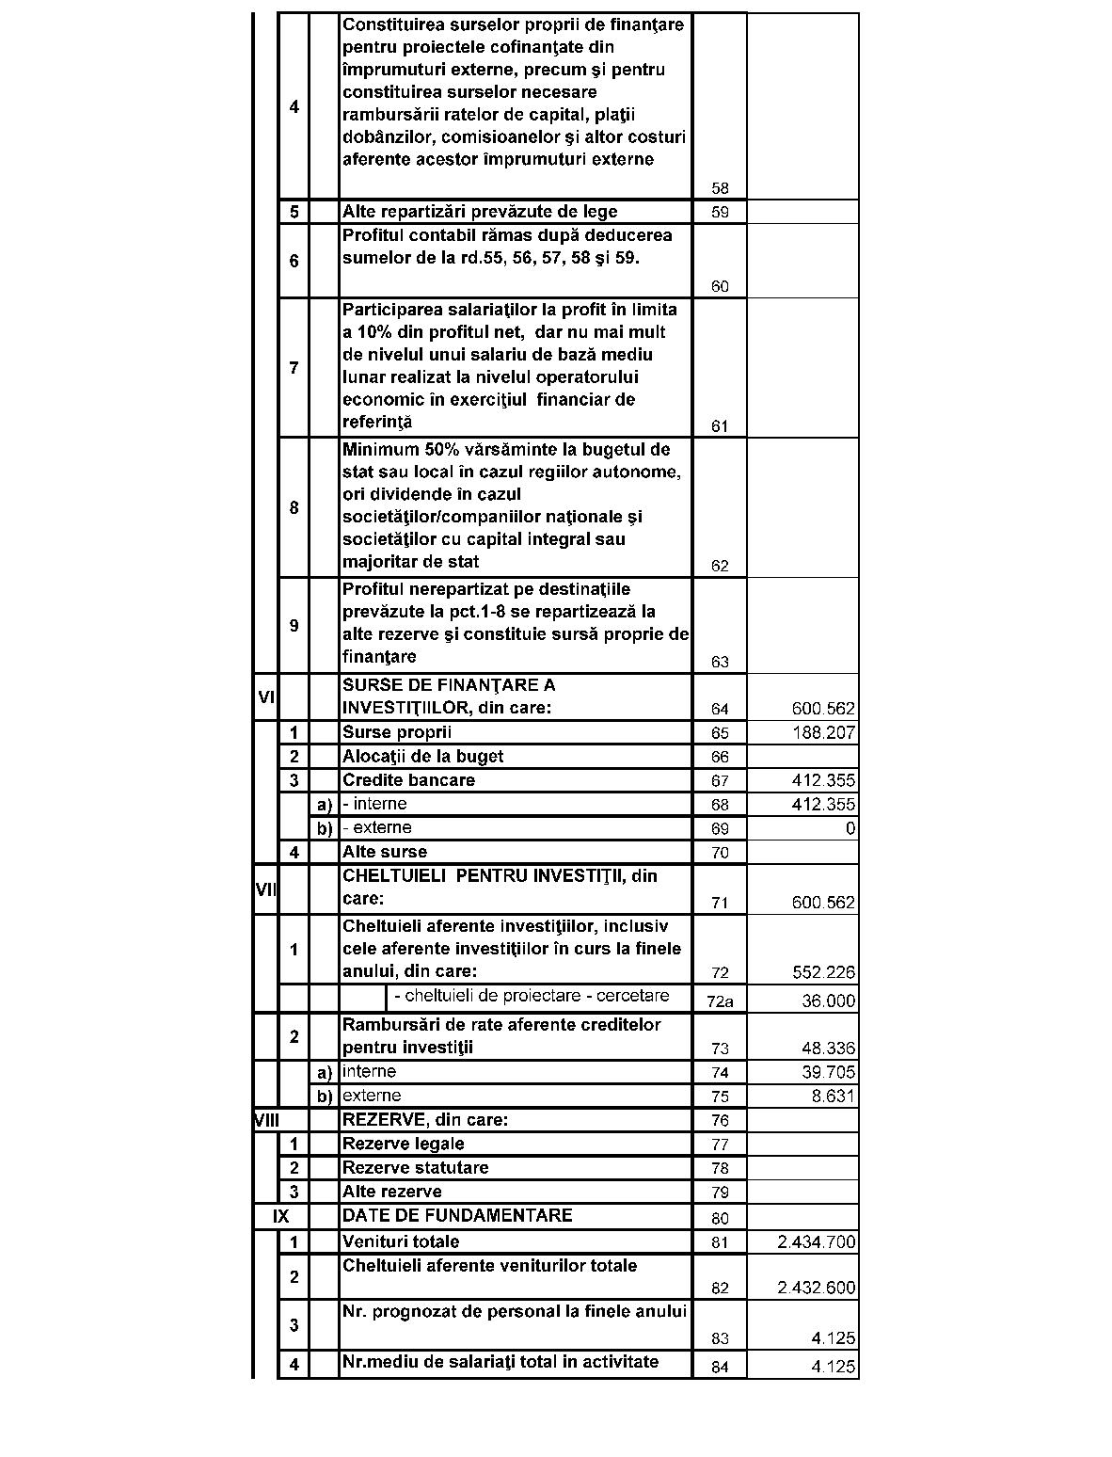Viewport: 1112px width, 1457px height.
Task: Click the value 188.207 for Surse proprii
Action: [823, 732]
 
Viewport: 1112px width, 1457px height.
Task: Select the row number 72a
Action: [719, 1001]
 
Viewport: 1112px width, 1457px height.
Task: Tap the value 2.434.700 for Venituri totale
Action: [816, 1242]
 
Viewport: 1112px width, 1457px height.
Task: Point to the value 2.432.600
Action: [816, 1289]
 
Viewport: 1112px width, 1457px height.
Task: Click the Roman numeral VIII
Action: [267, 1120]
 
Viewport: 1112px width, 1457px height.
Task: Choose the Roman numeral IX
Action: [280, 1216]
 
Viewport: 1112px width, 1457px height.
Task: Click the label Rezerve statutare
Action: [415, 1168]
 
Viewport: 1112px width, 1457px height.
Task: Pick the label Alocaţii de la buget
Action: [422, 756]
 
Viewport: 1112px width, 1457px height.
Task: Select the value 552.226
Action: [823, 972]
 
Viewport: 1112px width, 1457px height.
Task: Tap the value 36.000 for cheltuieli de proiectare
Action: [828, 1001]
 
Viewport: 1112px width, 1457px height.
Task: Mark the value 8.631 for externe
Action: [833, 1097]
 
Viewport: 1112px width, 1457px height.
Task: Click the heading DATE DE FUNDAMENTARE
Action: [456, 1215]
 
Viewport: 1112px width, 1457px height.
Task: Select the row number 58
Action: [720, 188]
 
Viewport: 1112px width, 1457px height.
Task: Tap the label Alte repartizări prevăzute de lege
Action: [480, 212]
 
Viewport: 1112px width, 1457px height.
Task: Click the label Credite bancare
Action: [408, 780]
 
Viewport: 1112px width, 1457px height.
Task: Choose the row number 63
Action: [720, 662]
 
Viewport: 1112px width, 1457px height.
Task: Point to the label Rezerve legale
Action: [403, 1144]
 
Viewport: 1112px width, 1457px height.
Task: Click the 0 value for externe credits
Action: [850, 828]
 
